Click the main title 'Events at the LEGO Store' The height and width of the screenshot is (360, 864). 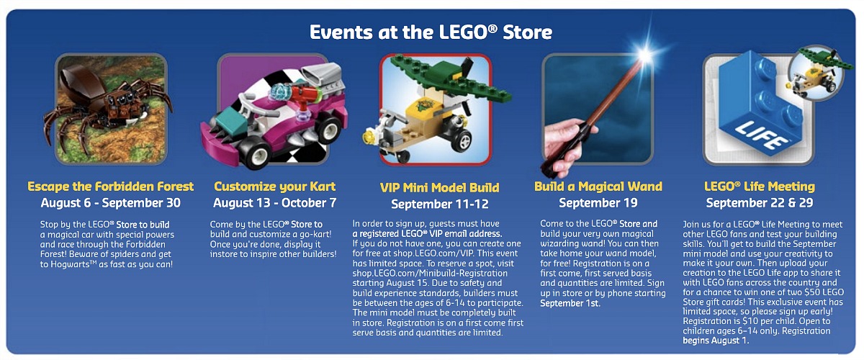tap(431, 32)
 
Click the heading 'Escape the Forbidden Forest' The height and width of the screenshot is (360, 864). tap(110, 186)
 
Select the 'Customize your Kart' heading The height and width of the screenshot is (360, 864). tap(274, 186)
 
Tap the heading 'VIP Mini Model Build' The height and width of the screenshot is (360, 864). tap(439, 187)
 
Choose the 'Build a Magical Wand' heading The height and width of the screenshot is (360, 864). tap(598, 186)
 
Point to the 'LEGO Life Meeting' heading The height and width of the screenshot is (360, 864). tap(760, 186)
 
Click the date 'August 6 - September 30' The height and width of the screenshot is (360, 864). tap(111, 203)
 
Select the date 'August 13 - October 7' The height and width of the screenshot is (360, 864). tap(274, 203)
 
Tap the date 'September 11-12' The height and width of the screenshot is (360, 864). tap(440, 204)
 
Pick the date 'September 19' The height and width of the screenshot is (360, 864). tap(598, 203)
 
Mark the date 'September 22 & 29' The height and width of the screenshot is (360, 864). tap(760, 203)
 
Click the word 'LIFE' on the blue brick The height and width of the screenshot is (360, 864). tap(762, 135)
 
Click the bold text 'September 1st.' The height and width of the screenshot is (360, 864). tap(570, 303)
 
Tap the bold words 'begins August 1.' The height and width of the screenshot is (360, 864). tap(716, 341)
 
